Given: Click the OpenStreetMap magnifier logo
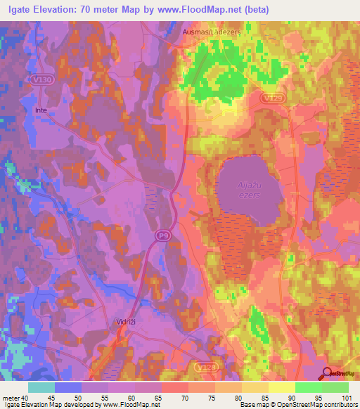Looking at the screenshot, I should coord(328,373).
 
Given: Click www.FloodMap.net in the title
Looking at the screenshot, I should coord(209,11).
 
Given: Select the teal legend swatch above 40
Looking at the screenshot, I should coord(41,387).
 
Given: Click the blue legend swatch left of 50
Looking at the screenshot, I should coord(68,387).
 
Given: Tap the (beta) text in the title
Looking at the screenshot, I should coord(255,11).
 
